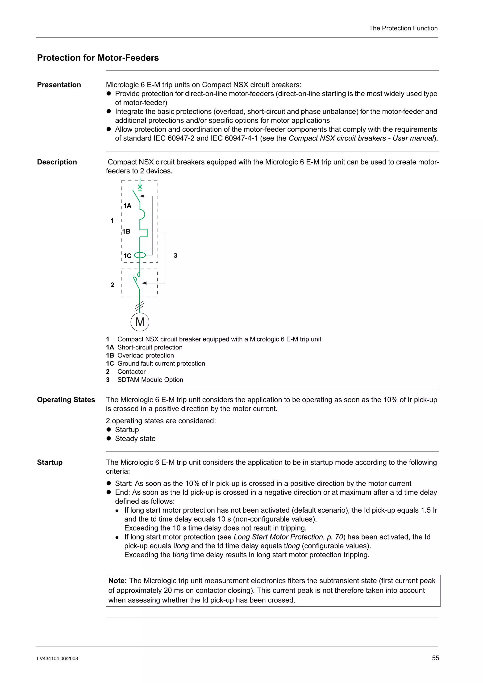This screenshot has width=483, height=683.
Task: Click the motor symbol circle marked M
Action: [x=140, y=322]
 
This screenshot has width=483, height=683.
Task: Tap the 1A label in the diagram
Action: [x=127, y=206]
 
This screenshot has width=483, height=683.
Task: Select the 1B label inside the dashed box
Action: [x=126, y=231]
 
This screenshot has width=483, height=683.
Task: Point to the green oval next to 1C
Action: [x=140, y=255]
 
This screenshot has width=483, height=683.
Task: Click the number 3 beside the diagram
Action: [x=175, y=255]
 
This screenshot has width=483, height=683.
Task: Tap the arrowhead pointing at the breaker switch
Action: [x=142, y=196]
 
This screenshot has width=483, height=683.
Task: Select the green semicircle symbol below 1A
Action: [x=142, y=214]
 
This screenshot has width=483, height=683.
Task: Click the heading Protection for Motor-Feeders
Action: [x=98, y=58]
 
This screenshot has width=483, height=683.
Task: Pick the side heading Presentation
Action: [x=59, y=85]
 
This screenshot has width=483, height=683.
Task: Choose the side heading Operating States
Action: [x=66, y=399]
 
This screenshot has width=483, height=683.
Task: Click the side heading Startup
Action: [x=50, y=462]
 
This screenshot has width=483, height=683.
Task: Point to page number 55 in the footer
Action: [x=435, y=658]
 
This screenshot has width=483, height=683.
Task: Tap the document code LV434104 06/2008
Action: [x=58, y=658]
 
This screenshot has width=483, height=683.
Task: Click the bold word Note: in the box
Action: [x=117, y=581]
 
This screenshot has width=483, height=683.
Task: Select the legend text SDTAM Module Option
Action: [x=150, y=380]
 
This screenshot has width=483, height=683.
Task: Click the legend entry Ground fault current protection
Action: [x=161, y=363]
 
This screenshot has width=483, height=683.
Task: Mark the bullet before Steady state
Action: [x=109, y=438]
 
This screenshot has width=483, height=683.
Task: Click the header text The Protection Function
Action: [x=403, y=28]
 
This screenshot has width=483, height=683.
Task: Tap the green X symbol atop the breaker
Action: [x=140, y=187]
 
